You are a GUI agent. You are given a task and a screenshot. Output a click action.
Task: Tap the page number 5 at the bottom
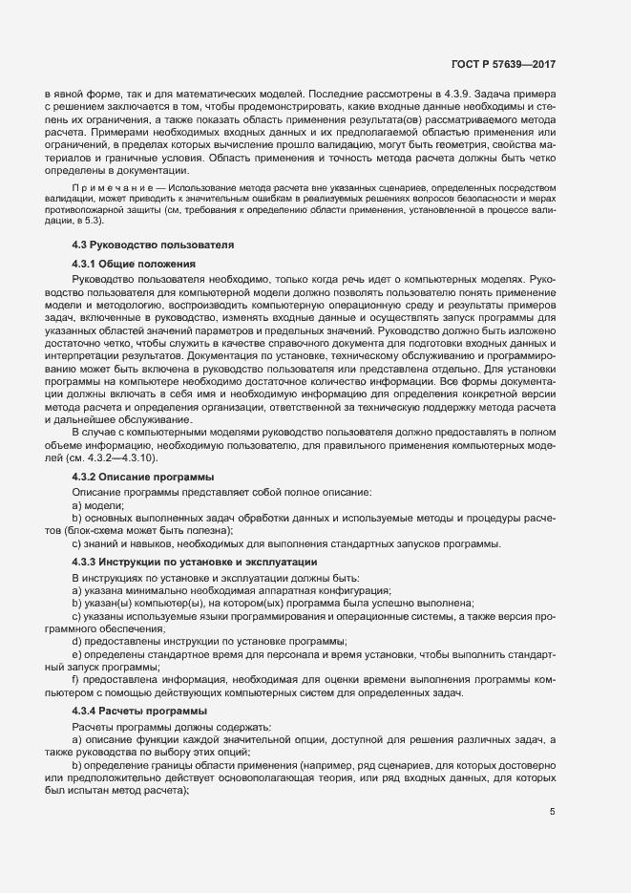[x=553, y=812]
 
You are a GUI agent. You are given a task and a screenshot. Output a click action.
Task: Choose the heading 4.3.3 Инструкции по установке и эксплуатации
[x=187, y=560]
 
